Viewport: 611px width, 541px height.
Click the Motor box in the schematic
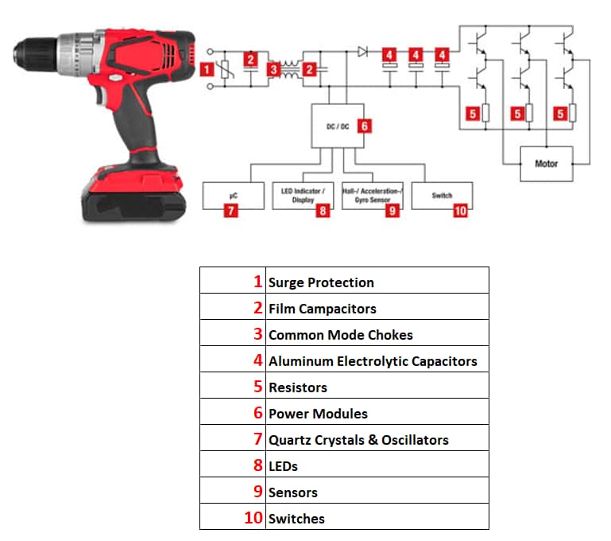tap(547, 163)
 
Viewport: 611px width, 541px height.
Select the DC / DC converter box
tap(334, 126)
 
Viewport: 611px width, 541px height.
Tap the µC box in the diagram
tap(232, 195)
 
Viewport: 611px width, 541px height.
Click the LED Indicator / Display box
tap(302, 195)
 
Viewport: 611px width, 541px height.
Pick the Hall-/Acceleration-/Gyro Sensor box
tap(372, 195)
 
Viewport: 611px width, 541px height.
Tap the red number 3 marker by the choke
tap(273, 70)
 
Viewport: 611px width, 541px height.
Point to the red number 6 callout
tap(365, 126)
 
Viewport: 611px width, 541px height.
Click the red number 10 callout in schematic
tap(461, 211)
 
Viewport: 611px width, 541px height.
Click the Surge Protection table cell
tap(321, 282)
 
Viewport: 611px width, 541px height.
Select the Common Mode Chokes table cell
tap(340, 335)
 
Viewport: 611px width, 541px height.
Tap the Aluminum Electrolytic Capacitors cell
tap(372, 361)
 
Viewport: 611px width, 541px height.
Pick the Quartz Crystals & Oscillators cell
tap(358, 440)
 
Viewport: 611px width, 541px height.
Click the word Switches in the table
tap(296, 519)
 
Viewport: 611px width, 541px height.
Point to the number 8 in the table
tap(257, 465)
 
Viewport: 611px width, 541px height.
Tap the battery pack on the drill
tap(135, 195)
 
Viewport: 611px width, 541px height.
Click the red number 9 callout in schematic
tap(392, 211)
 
